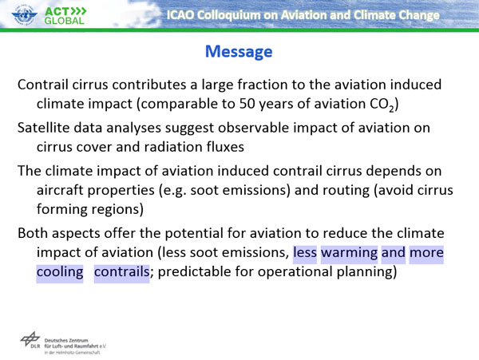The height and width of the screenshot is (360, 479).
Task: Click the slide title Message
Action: pos(239,52)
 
